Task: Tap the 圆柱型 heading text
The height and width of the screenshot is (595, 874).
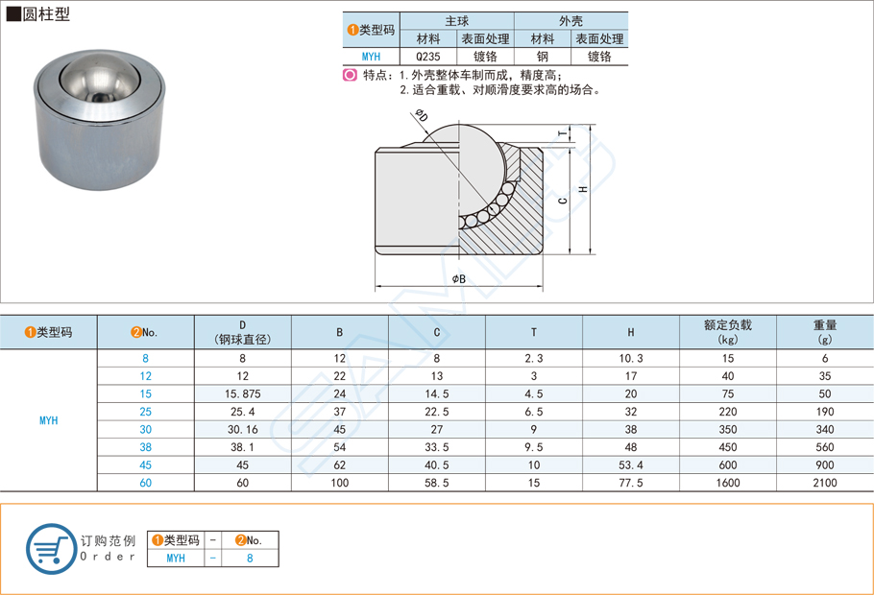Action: (x=46, y=14)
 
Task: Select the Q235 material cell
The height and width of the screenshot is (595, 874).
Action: (x=428, y=57)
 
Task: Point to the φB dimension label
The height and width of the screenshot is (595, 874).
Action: (x=458, y=278)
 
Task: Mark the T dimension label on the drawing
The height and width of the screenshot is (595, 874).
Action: (x=562, y=133)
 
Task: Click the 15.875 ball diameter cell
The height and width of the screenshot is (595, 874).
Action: (x=242, y=393)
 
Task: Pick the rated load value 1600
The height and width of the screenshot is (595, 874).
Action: (x=727, y=483)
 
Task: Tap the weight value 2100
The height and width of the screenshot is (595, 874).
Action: (x=824, y=483)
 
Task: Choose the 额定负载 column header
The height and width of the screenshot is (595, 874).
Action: (x=727, y=332)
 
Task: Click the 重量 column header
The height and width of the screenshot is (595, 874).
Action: (x=824, y=332)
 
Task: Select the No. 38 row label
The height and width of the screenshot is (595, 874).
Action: (x=145, y=447)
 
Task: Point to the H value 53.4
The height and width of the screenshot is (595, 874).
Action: (x=630, y=464)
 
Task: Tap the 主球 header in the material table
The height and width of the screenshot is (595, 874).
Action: (x=457, y=21)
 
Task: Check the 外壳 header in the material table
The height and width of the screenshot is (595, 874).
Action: (x=571, y=21)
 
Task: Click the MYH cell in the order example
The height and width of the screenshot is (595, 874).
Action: (x=176, y=558)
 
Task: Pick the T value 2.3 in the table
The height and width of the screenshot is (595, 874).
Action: (x=534, y=358)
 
